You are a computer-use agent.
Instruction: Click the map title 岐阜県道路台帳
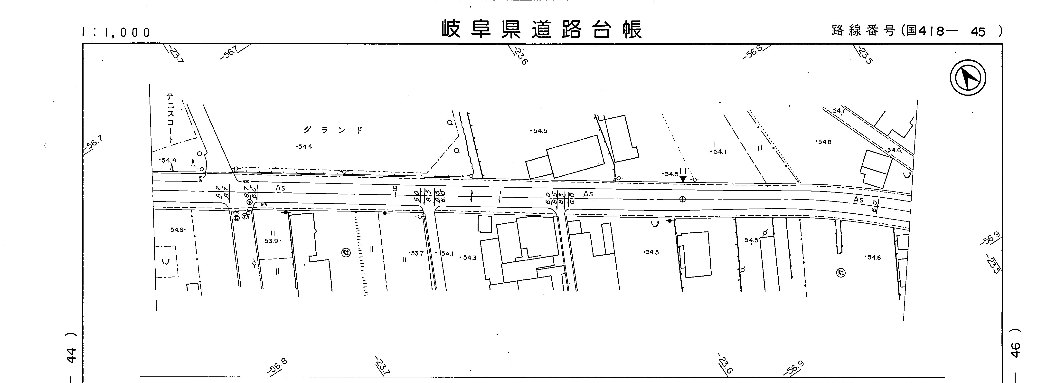(542, 29)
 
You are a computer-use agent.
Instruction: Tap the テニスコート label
(170, 118)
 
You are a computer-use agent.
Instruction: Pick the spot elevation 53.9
(272, 241)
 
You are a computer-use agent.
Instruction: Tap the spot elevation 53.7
(417, 253)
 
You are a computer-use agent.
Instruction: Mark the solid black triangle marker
(683, 179)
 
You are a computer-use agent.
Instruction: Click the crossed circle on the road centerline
(682, 199)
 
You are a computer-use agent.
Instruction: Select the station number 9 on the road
(394, 189)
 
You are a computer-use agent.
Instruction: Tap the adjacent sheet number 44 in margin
(71, 355)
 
